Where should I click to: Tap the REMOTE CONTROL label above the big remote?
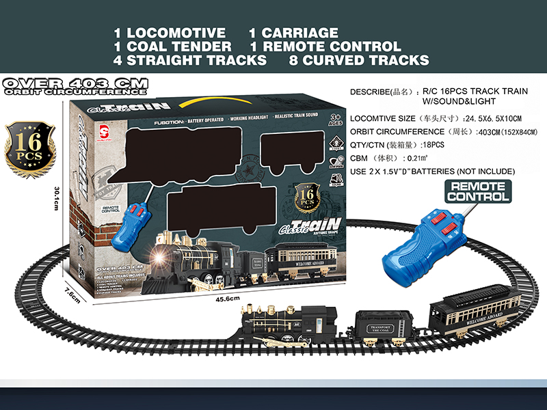tap(479, 191)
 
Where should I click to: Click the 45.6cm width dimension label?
tap(226, 299)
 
